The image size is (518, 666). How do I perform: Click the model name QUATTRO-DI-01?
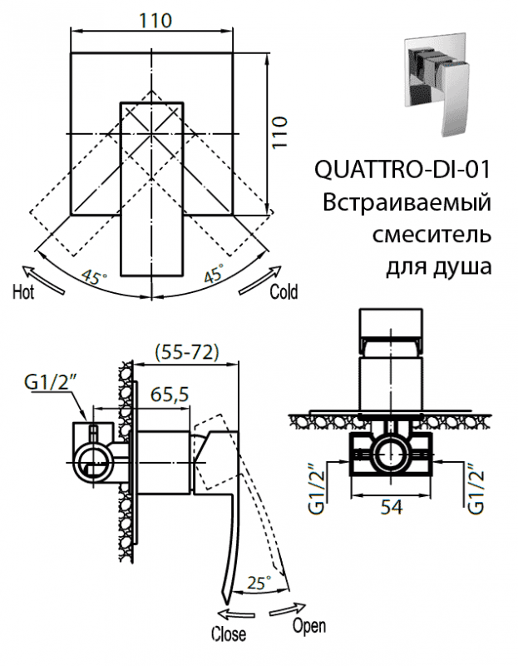[x=402, y=170]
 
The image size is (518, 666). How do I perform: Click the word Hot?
[x=23, y=292]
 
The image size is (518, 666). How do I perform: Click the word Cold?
[x=284, y=292]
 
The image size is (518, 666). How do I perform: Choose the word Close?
[x=228, y=634]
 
